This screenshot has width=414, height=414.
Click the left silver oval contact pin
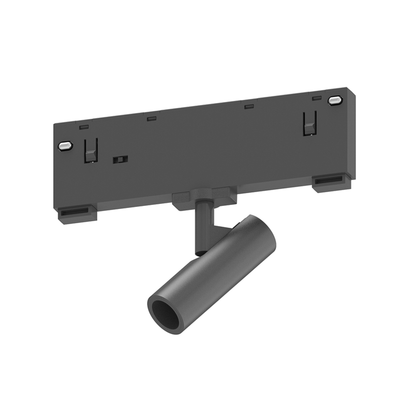(x=64, y=146)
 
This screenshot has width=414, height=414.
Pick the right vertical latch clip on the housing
(x=309, y=123)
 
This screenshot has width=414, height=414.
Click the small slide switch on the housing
(x=120, y=159)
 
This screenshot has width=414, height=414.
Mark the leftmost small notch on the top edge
(x=84, y=126)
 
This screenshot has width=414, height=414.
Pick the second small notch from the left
(x=151, y=119)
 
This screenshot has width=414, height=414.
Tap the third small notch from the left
(x=249, y=107)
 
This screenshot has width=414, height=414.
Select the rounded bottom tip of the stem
(x=199, y=252)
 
